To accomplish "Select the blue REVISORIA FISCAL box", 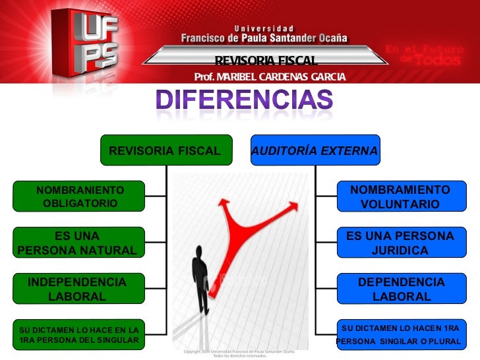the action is click(165, 150).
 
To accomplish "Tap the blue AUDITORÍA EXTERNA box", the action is click(315, 151).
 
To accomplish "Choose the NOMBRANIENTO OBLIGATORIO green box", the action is click(80, 196).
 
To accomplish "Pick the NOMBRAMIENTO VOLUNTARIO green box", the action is click(400, 197).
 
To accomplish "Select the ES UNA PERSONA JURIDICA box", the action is click(400, 243).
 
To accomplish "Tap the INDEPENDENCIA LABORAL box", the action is click(76, 289).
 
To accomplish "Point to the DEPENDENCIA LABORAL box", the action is click(400, 289).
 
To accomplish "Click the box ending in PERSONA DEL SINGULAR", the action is click(79, 334).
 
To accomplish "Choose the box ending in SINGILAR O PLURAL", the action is click(400, 334).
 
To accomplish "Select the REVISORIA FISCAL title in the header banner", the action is click(266, 61).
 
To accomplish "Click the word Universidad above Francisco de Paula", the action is click(264, 28).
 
